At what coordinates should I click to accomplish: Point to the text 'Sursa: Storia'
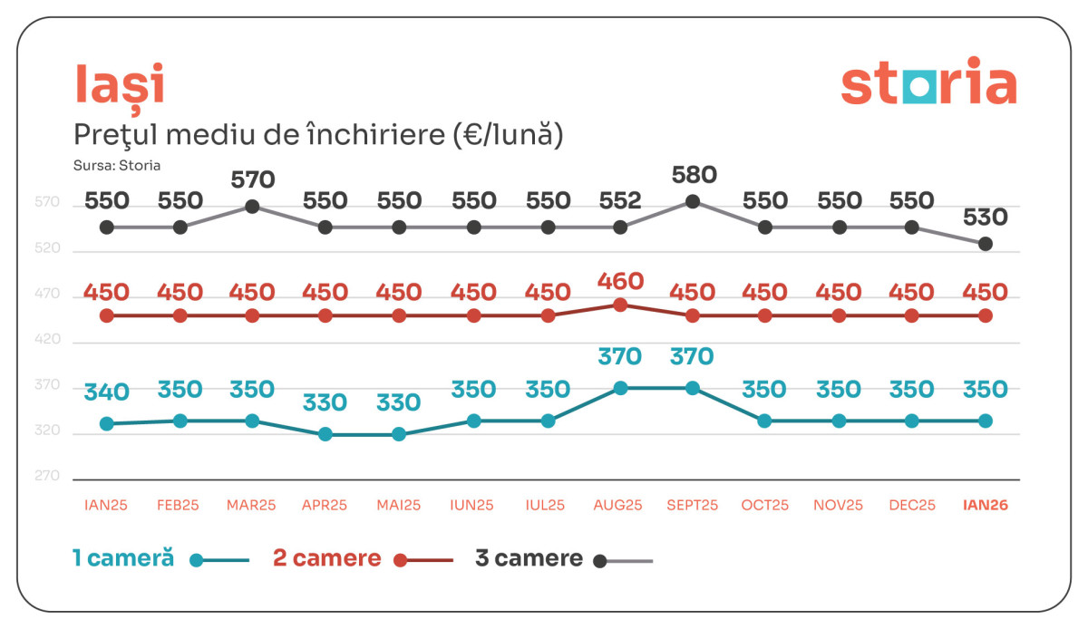click(117, 166)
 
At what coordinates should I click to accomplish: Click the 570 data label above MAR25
click(252, 180)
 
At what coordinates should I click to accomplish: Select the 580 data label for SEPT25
click(694, 175)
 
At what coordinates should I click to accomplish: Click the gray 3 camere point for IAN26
click(986, 244)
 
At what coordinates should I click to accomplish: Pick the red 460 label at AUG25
click(620, 281)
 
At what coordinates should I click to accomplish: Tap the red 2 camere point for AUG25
click(620, 305)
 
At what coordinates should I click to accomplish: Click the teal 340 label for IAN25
click(107, 393)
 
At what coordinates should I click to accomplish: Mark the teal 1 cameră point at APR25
click(325, 435)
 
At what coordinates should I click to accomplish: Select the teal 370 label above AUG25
click(620, 357)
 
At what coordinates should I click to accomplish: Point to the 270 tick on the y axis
click(47, 477)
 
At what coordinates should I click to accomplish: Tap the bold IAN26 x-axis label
click(986, 506)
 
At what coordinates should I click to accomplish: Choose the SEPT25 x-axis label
click(692, 506)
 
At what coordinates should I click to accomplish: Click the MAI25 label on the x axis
click(399, 506)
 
